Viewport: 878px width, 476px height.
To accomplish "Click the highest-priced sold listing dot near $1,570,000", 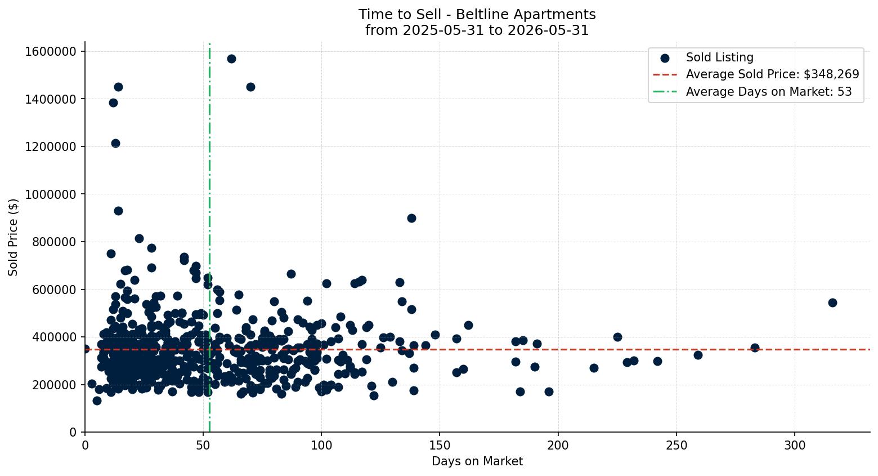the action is pos(231,59).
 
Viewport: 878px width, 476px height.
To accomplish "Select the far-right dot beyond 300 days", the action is pos(832,302).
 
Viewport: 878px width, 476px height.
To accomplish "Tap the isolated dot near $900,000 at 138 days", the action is pos(411,218).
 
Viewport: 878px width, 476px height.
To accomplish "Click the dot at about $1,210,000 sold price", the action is pos(115,143).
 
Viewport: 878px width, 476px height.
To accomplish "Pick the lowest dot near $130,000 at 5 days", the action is pos(97,401).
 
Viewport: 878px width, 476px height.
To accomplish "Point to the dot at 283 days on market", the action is pos(755,348).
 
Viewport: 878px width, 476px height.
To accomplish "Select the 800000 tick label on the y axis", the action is pos(54,242).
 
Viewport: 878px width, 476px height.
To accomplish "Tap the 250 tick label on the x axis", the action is pos(677,446).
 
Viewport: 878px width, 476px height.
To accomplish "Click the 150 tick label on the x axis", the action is pos(440,446).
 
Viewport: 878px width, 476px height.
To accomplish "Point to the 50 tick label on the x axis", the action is pos(203,446).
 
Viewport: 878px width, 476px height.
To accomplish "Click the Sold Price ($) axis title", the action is pos(13,237).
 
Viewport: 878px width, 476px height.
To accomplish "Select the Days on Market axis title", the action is pos(477,461).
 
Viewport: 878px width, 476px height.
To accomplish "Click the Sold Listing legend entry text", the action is pos(720,57).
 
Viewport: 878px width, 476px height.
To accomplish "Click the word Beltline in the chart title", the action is pos(482,15).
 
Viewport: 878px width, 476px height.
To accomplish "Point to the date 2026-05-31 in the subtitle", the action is pos(548,30).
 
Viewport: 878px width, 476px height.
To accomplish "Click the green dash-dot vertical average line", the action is pos(210,238).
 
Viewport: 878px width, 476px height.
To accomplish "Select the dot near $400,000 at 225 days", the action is pos(617,337).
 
